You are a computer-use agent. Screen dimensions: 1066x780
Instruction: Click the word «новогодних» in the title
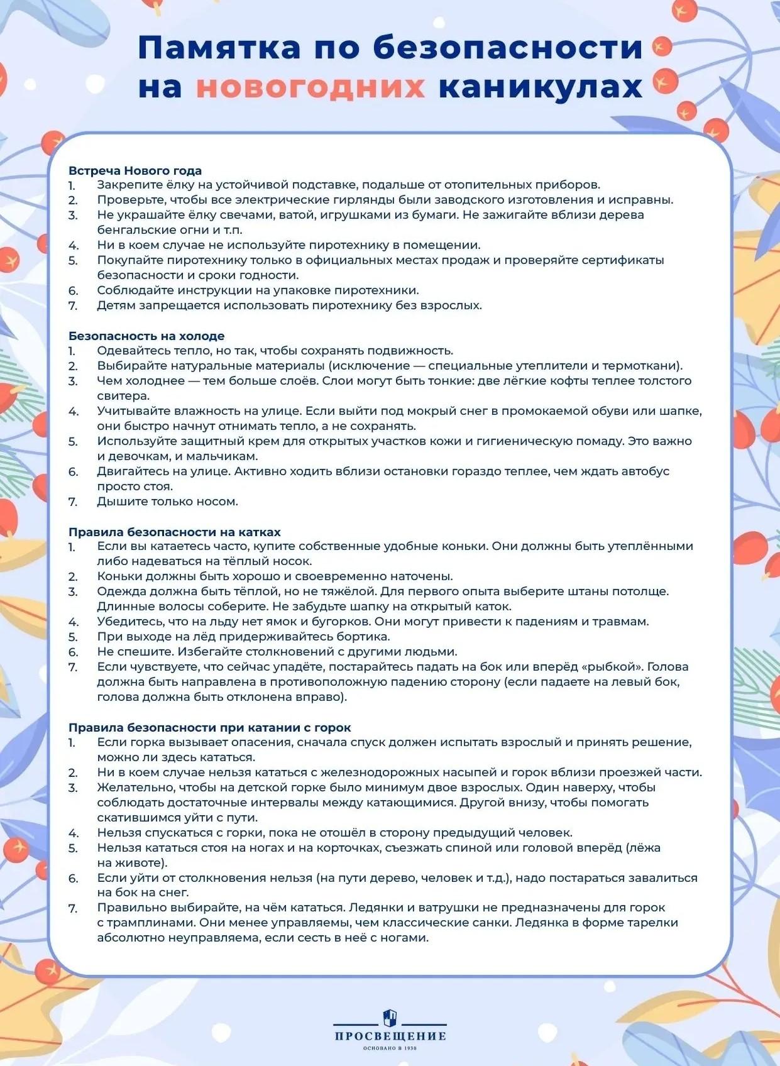point(310,87)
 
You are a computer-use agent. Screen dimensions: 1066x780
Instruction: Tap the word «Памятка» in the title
point(219,48)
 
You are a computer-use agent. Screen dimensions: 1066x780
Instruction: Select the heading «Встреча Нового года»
point(135,170)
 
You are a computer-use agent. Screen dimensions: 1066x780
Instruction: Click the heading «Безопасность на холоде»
point(146,336)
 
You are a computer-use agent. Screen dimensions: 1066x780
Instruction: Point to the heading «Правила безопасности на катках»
point(175,532)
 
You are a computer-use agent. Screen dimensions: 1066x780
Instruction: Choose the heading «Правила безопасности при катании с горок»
point(209,727)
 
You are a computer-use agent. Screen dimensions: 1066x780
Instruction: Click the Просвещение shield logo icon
point(390,1016)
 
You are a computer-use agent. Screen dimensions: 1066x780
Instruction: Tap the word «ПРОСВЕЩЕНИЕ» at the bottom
point(390,1035)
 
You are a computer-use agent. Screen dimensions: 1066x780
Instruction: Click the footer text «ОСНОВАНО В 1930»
point(390,1048)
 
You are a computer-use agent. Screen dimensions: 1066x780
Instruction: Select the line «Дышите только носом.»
point(167,502)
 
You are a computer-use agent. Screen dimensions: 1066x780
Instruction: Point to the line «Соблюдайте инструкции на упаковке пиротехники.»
point(258,290)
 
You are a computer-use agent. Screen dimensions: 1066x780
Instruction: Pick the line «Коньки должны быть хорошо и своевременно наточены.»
point(275,576)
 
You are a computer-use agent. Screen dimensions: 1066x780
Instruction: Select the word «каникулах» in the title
point(541,87)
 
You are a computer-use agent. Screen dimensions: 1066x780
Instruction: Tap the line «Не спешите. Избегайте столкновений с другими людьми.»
point(277,652)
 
